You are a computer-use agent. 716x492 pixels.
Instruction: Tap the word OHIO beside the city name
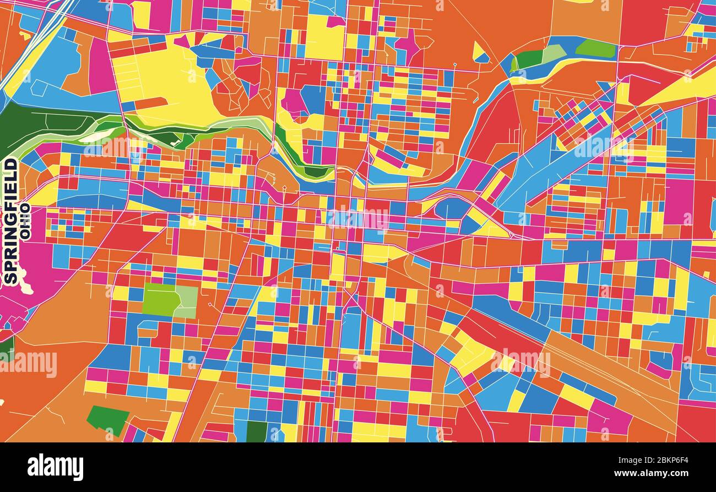(x=25, y=220)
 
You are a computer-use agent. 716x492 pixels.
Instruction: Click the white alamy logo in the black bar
(x=56, y=467)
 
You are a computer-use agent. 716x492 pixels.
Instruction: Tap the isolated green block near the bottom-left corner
(x=108, y=419)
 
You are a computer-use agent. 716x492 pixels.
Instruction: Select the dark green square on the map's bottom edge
(x=257, y=431)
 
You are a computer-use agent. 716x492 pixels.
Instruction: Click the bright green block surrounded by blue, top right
(x=595, y=48)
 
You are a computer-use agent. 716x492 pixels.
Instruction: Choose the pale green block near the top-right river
(x=553, y=53)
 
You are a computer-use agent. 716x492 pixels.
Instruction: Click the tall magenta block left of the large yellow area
(x=101, y=66)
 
